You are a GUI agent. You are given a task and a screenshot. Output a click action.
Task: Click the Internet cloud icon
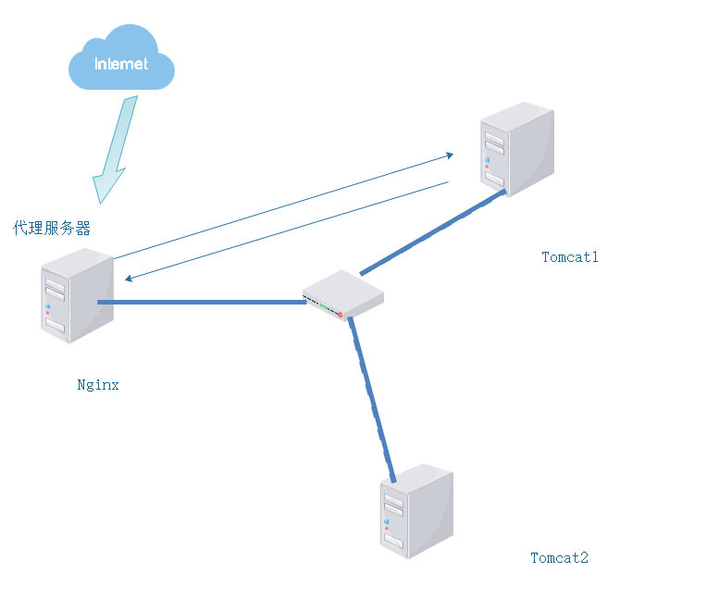pos(121,59)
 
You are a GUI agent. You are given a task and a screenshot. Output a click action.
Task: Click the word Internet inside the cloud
pos(121,65)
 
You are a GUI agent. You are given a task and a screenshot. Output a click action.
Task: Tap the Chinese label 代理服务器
pos(52,228)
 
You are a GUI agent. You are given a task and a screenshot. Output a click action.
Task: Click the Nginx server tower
pos(77,295)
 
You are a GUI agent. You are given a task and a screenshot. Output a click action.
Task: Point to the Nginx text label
pos(98,385)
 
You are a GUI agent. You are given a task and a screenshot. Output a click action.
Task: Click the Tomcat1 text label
pos(570,257)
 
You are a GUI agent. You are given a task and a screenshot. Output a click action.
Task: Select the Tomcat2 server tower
pos(416,511)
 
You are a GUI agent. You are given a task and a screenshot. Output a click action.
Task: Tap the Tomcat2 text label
pos(559,558)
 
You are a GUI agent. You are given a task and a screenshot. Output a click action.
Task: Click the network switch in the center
pos(342,294)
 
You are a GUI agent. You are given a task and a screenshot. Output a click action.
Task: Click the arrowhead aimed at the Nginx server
pos(130,278)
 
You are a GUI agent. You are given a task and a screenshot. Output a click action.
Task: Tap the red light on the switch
pos(340,316)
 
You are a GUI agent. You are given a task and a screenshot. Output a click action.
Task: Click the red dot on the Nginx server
pos(47,312)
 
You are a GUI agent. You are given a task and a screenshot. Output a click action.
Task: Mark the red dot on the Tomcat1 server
pos(487,167)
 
